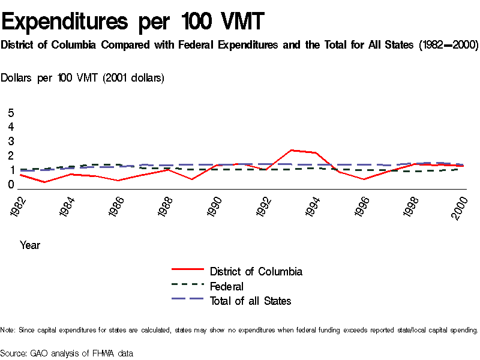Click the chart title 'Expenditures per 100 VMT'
pos(133,22)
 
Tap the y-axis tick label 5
pos(11,113)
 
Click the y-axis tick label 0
pos(11,185)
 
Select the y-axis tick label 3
pos(11,142)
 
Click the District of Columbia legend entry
pos(256,271)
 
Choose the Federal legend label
pos(227,286)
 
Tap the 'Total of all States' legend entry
pos(250,301)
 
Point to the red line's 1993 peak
pos(291,150)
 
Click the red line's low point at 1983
pos(44,182)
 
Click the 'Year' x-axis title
pos(30,245)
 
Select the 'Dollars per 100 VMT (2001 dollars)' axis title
pos(83,78)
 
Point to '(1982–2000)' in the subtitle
pos(446,46)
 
